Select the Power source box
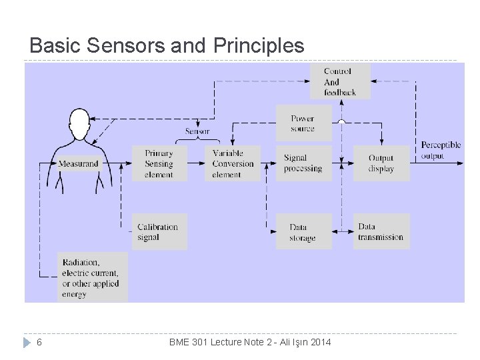coord(303,123)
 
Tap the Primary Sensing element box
coord(159,163)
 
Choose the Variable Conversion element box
coord(233,163)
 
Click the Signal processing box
coord(303,163)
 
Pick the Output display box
coord(381,163)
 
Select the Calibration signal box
coord(159,231)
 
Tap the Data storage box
coord(303,232)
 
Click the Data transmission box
coord(381,231)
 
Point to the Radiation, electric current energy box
coord(92,277)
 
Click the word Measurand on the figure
coord(79,163)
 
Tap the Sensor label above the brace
coord(197,131)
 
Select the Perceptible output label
coord(441,151)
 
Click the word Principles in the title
coord(259,46)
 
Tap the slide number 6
coord(40,342)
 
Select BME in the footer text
coord(179,342)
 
